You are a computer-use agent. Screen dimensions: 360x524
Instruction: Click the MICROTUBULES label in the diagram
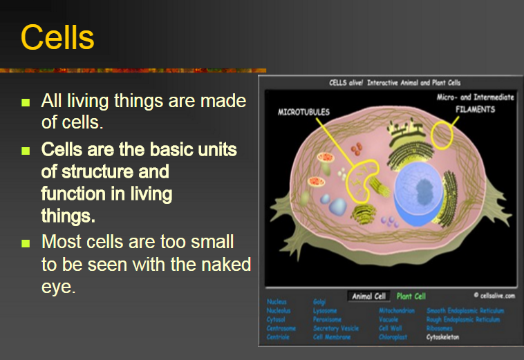[303, 111]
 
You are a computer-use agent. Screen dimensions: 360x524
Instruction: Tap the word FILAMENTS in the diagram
[474, 109]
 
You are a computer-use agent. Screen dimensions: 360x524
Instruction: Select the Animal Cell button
[370, 296]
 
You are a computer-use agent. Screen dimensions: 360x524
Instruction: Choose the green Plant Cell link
[411, 296]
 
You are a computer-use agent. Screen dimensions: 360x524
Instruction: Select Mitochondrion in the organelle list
[397, 311]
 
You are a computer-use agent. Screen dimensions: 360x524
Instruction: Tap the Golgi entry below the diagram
[319, 302]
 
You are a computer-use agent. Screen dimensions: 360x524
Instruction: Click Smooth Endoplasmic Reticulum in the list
[465, 311]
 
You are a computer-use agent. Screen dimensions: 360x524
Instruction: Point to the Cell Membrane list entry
[331, 337]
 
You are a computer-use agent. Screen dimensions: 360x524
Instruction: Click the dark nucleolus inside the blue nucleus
[421, 187]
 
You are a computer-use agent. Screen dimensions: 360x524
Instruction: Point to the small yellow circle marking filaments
[442, 134]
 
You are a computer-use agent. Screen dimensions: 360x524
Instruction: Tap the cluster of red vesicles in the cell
[357, 149]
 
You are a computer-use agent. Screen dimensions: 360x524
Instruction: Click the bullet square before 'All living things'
[26, 102]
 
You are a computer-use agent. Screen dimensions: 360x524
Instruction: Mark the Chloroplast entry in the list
[395, 337]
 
